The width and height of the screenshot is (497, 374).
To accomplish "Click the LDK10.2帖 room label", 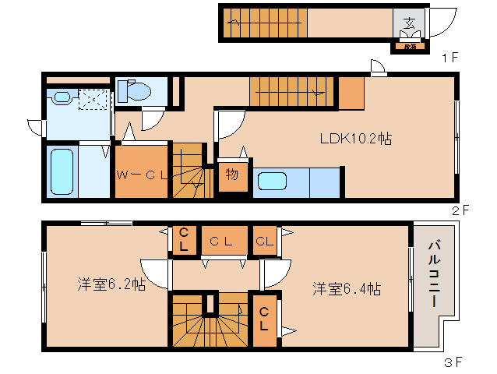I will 355,138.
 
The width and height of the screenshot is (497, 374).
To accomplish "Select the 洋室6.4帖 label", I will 347,288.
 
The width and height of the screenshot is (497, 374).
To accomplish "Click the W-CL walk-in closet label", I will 143,175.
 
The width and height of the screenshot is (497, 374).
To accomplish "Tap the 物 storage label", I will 232,175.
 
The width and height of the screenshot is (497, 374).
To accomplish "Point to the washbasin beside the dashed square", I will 62,97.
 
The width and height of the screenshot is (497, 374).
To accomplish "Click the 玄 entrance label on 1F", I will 408,21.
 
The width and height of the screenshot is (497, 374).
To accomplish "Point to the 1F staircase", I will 265,22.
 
